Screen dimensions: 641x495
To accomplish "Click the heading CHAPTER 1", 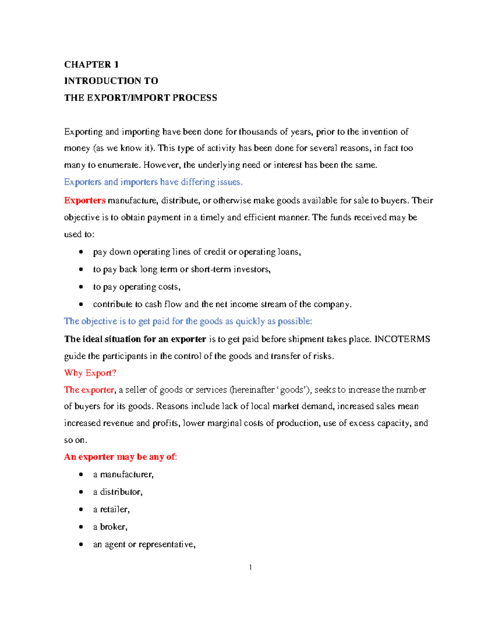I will coord(91,64).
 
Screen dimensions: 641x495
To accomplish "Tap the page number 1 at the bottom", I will coord(250,568).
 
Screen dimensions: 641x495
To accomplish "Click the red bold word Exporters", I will coord(85,201).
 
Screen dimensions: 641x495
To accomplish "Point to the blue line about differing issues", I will coord(153,182).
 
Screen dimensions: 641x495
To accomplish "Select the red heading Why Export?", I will coord(90,373).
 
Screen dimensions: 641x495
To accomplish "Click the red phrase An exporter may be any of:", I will coord(120,457).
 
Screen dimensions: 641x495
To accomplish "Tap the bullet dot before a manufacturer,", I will coord(81,475).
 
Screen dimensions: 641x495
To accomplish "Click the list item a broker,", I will coord(110,527).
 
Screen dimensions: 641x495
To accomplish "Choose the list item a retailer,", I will coord(111,510).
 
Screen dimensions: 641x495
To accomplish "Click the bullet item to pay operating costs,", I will coord(137,287).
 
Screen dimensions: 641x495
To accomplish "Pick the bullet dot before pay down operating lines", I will coord(81,252).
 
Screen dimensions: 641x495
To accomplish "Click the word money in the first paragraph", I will coord(77,149).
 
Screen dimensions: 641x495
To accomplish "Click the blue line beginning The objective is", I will coord(188,321).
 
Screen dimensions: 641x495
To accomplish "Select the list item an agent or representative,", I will coord(144,544).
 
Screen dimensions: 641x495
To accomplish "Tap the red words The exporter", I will coord(89,390).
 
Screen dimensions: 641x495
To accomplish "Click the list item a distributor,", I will coord(118,492).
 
